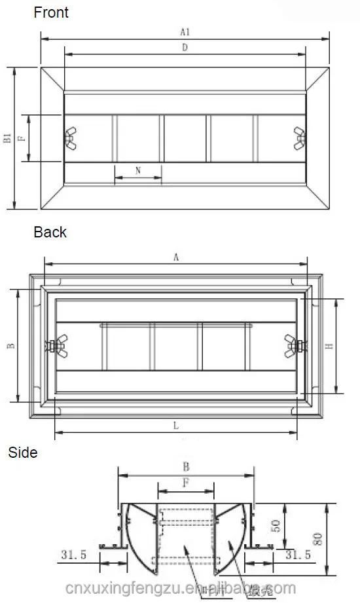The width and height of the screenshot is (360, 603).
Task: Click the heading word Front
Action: point(51,12)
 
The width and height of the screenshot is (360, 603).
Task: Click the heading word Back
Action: point(50,232)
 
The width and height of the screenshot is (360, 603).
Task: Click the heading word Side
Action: point(23,453)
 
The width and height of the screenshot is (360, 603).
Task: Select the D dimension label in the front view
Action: point(186,48)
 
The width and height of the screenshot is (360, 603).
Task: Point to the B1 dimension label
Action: point(7,137)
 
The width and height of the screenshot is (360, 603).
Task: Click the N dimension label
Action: point(138,170)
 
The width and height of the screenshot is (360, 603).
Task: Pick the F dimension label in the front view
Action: point(21,138)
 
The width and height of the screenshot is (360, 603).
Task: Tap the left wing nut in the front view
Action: point(70,138)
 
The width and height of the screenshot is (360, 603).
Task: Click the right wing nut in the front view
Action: point(300,138)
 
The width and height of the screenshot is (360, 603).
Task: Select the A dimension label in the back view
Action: point(176,258)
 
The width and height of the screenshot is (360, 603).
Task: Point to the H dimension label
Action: point(331,346)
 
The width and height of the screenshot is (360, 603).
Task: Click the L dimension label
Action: point(176,425)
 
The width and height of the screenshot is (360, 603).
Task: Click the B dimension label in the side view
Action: point(186,467)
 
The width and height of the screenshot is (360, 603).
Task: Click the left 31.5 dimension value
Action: point(73,555)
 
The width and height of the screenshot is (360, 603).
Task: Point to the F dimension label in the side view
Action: point(186,484)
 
